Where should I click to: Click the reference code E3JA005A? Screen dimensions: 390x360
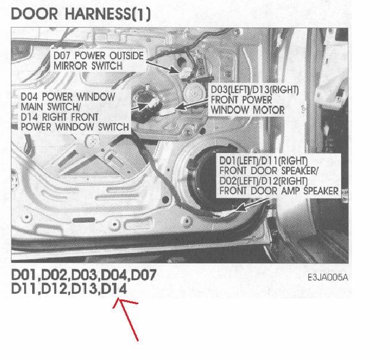pos(327,277)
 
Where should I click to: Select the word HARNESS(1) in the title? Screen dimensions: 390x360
pos(108,14)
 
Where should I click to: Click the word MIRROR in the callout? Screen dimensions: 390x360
pos(70,66)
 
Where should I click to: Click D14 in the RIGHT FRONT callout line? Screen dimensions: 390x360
pos(29,117)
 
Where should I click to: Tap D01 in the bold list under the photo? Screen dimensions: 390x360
pos(25,275)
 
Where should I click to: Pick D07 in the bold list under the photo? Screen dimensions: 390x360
pos(143,275)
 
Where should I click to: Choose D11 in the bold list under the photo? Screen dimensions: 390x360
pos(24,289)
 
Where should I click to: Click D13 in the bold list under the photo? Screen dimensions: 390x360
pos(84,289)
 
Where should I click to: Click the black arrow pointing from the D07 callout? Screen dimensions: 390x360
pos(163,67)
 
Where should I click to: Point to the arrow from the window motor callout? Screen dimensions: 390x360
pos(192,104)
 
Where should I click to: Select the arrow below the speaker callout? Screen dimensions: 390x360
pos(253,205)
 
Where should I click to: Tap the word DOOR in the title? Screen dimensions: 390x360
pos(35,14)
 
